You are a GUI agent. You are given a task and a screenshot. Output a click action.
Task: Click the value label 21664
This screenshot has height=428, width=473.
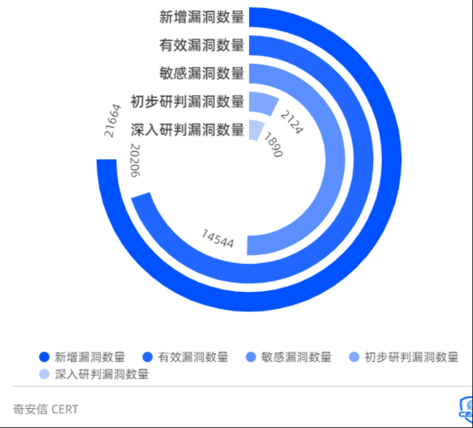(x=111, y=120)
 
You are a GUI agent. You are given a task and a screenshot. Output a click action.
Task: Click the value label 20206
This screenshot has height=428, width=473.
(x=135, y=161)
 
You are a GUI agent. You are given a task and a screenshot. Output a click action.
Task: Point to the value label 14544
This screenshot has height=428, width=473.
(x=218, y=239)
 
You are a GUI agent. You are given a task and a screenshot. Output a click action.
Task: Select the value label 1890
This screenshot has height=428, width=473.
(x=272, y=145)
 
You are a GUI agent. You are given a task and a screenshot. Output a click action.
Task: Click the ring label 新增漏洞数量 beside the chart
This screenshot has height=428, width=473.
(x=201, y=17)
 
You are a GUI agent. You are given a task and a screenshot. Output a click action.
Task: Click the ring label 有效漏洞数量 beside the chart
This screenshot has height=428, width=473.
(x=201, y=46)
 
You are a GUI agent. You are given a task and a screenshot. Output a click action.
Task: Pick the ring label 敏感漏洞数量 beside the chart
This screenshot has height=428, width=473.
(x=201, y=73)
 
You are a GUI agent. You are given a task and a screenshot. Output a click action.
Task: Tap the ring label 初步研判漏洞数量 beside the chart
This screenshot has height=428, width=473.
(x=187, y=102)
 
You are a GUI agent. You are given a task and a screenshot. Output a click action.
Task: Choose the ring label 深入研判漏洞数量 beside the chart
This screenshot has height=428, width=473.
(x=187, y=130)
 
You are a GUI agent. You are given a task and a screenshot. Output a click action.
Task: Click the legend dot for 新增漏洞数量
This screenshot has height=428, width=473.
(x=44, y=357)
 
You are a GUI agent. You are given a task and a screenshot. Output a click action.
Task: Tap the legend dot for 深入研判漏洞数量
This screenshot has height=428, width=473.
(x=44, y=374)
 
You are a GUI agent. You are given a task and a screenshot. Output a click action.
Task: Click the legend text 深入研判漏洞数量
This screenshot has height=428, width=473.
(x=102, y=374)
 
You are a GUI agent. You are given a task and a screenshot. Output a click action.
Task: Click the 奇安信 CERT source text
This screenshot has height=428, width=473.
(x=46, y=409)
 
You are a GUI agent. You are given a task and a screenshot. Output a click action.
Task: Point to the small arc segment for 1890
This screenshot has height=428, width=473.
(x=256, y=129)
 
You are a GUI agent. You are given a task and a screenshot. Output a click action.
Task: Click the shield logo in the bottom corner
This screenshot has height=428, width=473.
(x=466, y=410)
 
